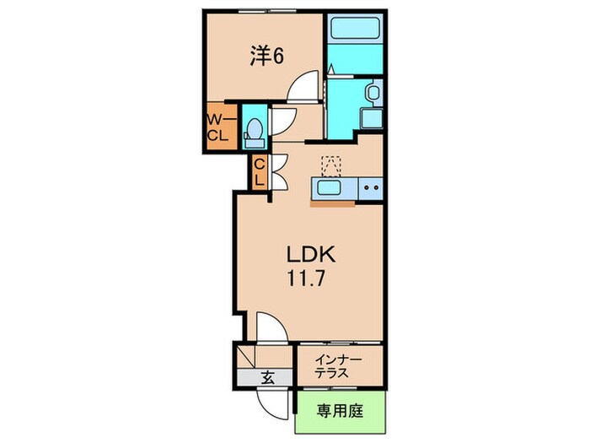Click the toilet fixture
point(253,129)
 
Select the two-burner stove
point(369,187)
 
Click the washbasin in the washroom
point(372,93)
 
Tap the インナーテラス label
point(338,365)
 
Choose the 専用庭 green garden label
point(340,412)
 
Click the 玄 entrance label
point(267,377)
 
